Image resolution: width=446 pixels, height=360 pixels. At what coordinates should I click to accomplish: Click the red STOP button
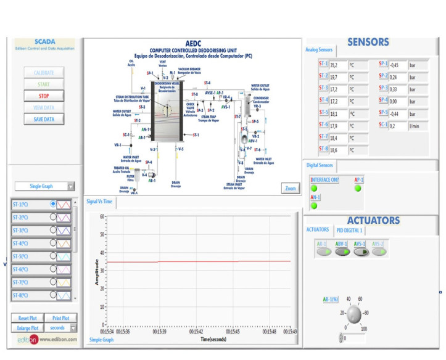click(x=44, y=96)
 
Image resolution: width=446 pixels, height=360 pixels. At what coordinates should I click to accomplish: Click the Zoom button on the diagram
click(x=289, y=188)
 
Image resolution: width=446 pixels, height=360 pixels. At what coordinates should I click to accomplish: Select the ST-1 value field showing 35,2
click(x=338, y=64)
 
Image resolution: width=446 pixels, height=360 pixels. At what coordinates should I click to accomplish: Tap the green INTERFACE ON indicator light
click(x=313, y=189)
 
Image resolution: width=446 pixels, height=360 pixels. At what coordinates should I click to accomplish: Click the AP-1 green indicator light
click(x=358, y=189)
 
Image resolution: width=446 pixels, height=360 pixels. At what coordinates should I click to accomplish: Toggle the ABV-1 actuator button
click(x=342, y=252)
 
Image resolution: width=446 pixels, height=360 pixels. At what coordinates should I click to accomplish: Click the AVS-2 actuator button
click(x=379, y=252)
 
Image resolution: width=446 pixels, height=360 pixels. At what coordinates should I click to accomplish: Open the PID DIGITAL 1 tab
click(x=349, y=231)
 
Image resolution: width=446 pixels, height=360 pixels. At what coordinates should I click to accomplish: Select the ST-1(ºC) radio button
click(x=54, y=203)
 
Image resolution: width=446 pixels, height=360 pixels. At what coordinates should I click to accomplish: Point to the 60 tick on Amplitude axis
click(x=101, y=216)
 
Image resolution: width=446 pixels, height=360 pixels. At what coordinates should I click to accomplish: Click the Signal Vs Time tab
click(x=99, y=201)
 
